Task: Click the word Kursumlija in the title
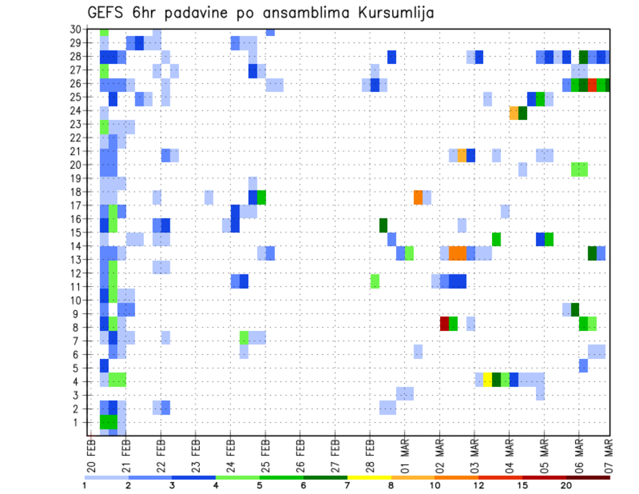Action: tap(394, 13)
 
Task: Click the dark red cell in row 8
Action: tap(445, 324)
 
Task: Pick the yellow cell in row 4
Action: tap(488, 379)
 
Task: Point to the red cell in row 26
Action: tap(592, 85)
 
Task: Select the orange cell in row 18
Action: tap(418, 197)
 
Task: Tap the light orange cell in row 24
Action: tap(514, 113)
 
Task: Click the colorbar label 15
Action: tap(523, 485)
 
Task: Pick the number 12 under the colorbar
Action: tap(479, 485)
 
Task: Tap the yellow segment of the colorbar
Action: tap(370, 477)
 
